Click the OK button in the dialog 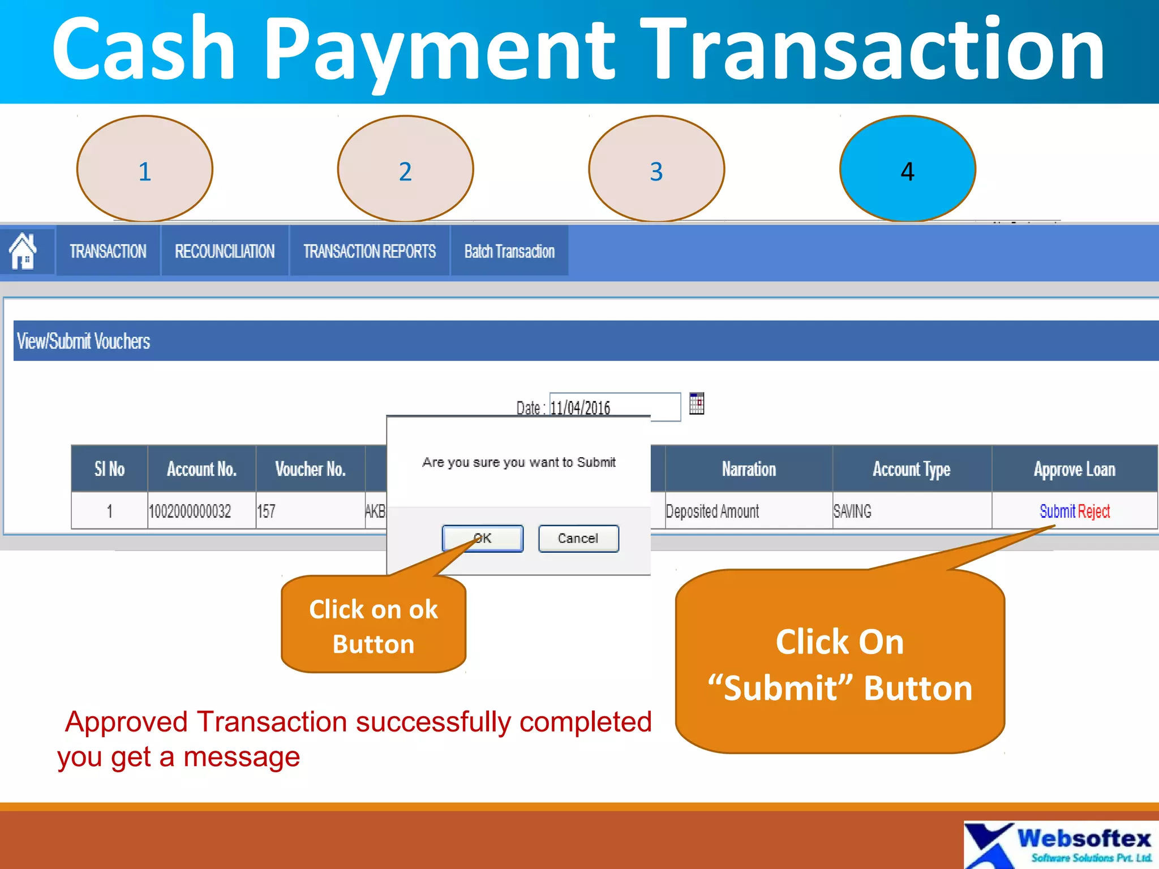(x=482, y=538)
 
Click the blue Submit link (x=1057, y=511)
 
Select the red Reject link (x=1094, y=511)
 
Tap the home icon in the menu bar (x=23, y=251)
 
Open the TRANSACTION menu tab (x=108, y=251)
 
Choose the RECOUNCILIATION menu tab (x=225, y=251)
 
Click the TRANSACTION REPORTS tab (x=370, y=251)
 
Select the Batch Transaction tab (x=509, y=251)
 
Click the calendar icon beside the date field (x=697, y=404)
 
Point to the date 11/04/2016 (x=580, y=407)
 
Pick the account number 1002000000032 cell (x=190, y=511)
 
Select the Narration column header (x=748, y=469)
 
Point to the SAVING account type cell (x=852, y=511)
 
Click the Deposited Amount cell (x=712, y=511)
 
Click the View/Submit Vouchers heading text (x=84, y=341)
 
